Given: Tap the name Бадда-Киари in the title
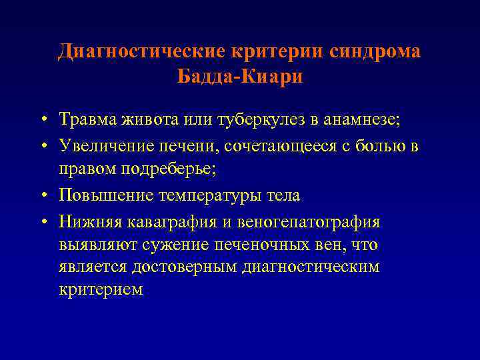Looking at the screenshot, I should coord(240,77).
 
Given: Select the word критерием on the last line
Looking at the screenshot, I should coord(100,291).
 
